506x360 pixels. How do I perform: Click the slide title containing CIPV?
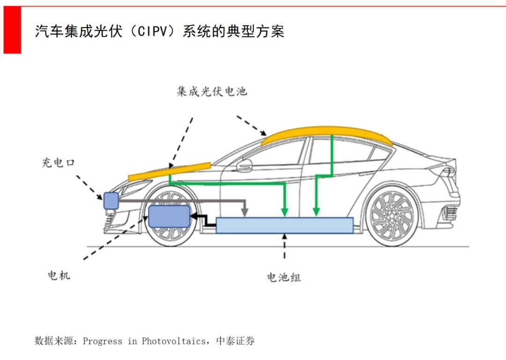(159, 31)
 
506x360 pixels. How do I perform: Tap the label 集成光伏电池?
(212, 91)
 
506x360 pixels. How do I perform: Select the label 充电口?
(59, 163)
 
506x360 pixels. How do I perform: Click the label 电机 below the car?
(59, 275)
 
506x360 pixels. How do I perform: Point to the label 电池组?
(284, 277)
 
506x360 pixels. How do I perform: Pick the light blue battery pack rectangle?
(284, 225)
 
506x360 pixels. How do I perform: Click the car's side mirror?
(244, 165)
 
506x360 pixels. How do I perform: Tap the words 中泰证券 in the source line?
(235, 341)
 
